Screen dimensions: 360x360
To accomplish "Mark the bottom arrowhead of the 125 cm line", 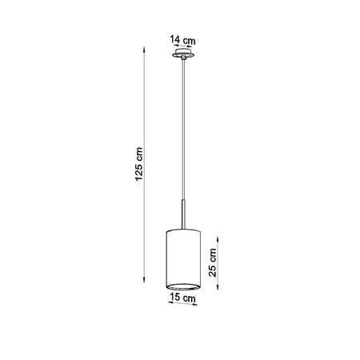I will point(144,290).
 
